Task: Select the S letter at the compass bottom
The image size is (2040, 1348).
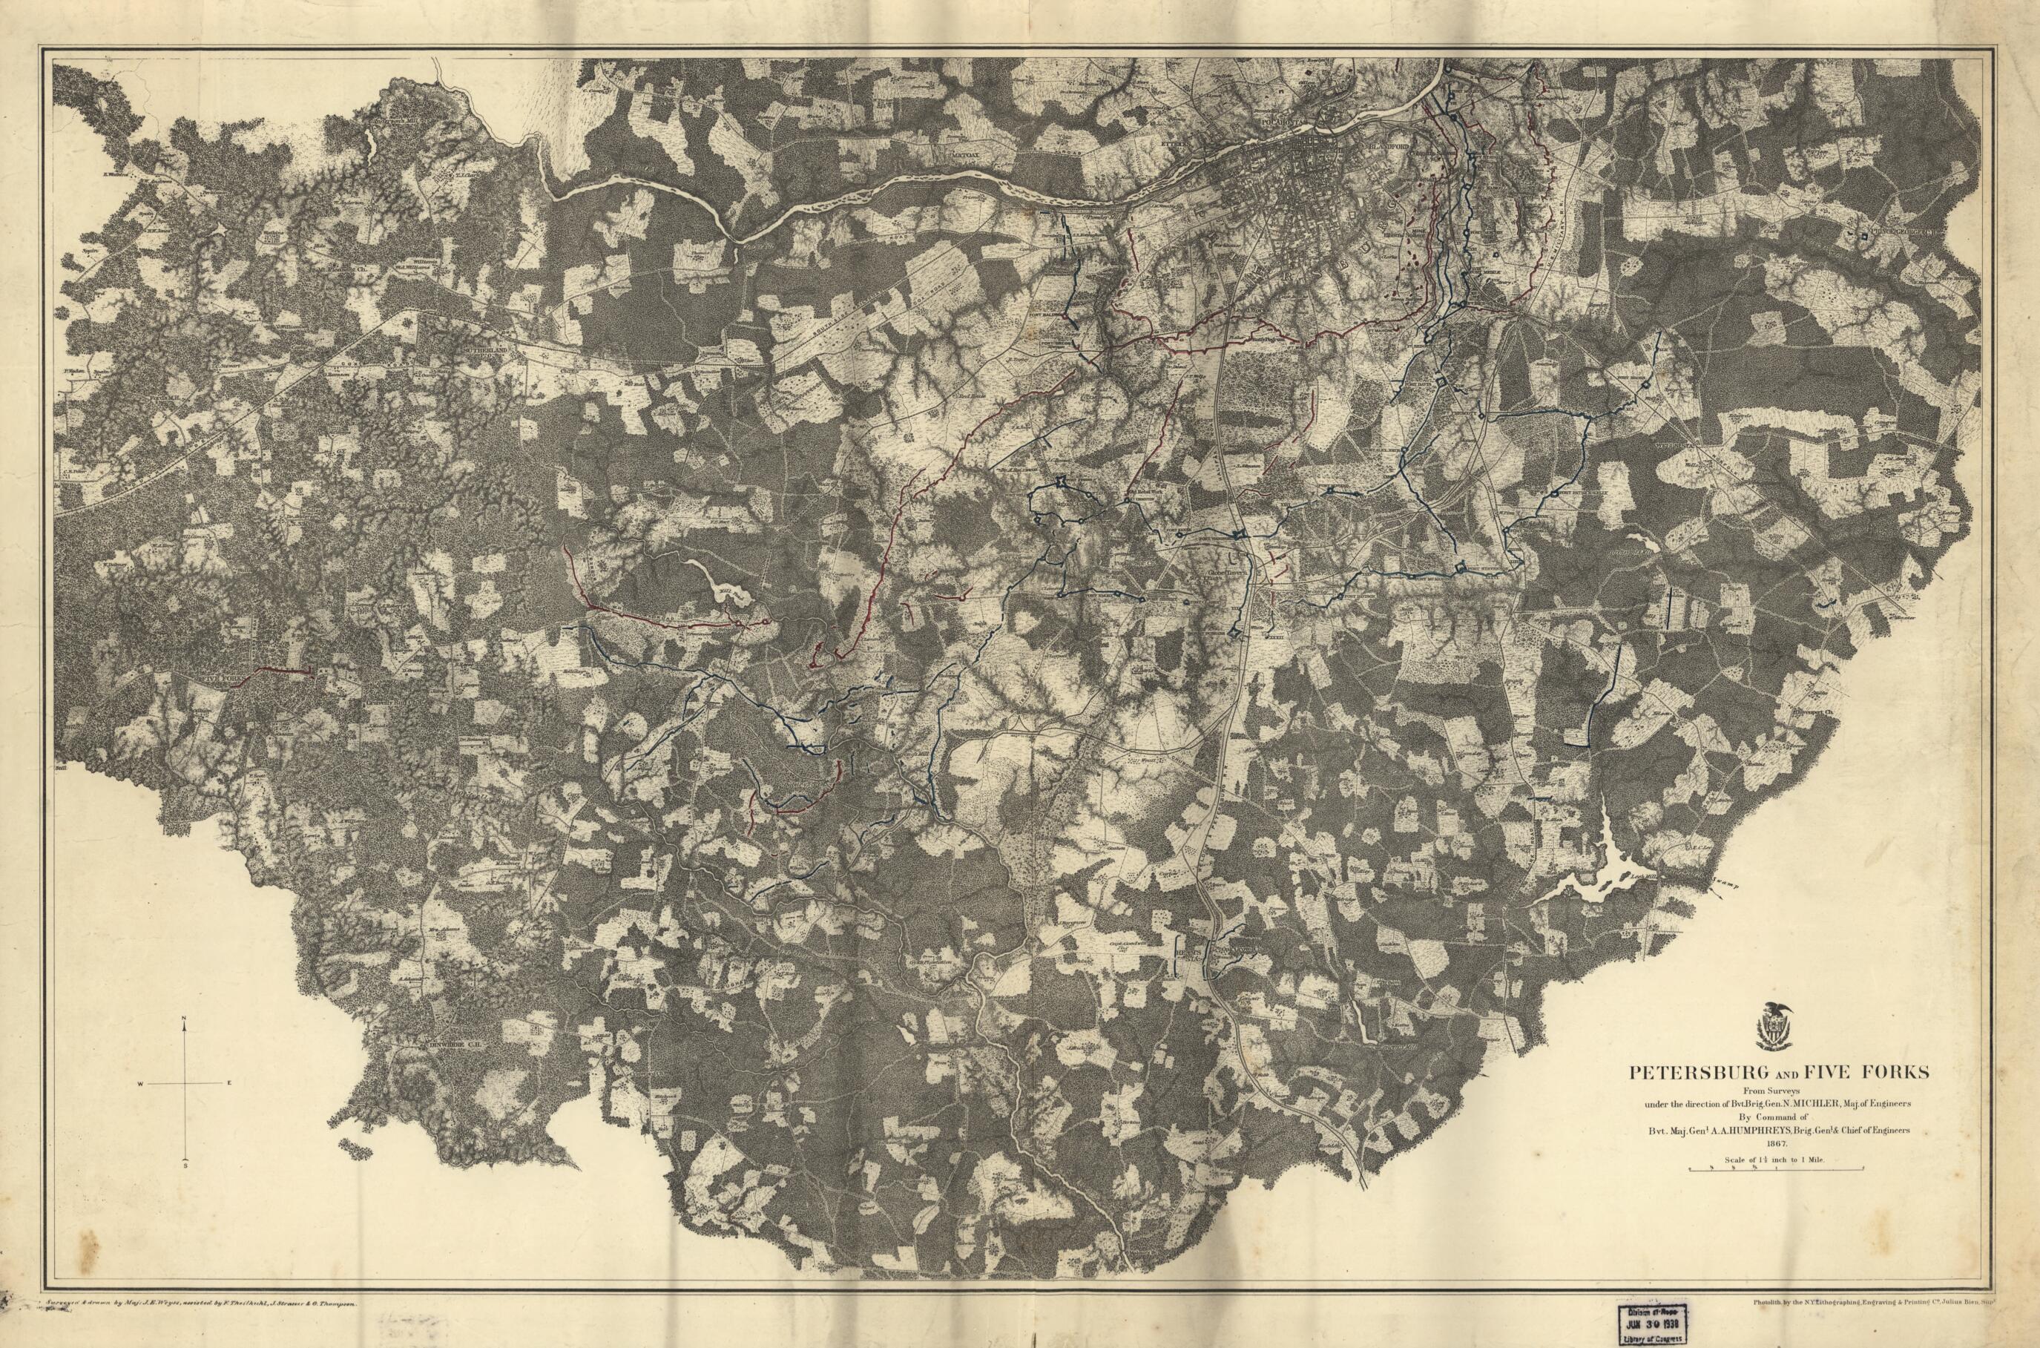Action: click(185, 1165)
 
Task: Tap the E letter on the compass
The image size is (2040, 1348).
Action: click(228, 1083)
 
